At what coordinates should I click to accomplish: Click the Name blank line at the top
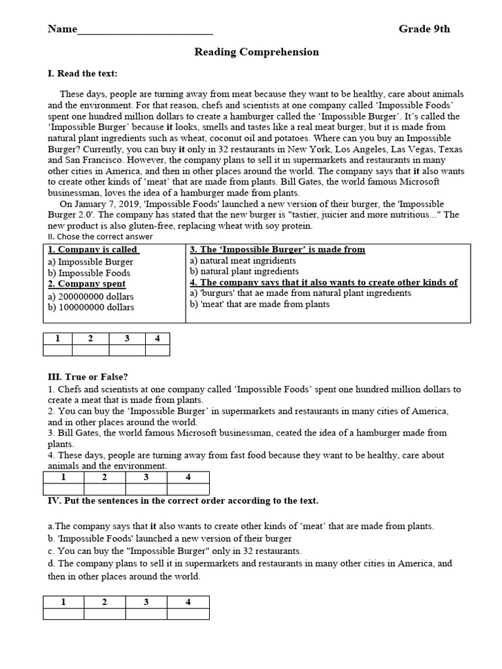point(144,30)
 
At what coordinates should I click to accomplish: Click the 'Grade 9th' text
point(424,29)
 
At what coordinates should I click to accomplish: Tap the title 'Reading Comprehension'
point(256,52)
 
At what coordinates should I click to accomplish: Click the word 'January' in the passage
point(93,204)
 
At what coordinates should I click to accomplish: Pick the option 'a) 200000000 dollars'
point(91,296)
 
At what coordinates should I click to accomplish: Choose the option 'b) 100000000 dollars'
point(91,307)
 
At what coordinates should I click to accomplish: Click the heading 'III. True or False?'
point(88,376)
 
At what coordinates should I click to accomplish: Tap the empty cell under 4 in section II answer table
point(157,350)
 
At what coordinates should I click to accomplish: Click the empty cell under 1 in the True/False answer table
point(63,489)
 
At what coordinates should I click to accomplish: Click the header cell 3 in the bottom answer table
point(146,602)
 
